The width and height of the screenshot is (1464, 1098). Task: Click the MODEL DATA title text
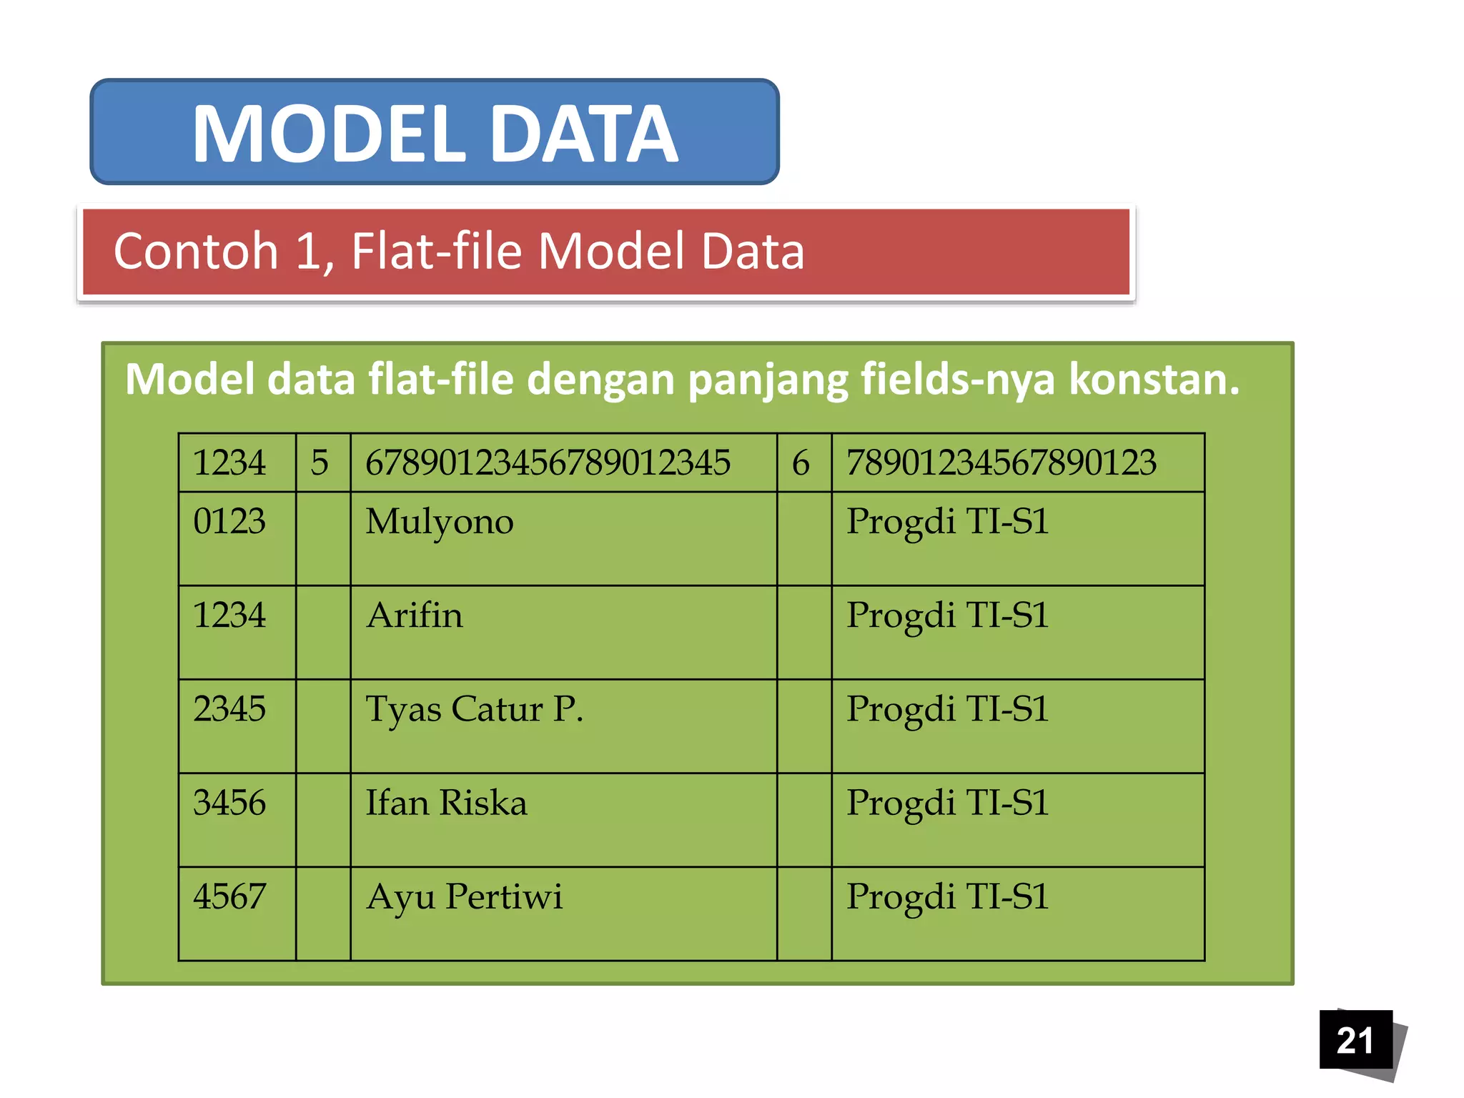click(x=435, y=133)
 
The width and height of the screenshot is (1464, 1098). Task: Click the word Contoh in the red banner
click(x=195, y=252)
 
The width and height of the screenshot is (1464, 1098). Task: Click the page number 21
click(x=1355, y=1040)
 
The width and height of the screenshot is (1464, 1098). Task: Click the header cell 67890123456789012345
click(x=548, y=463)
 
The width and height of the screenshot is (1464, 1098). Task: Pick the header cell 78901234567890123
click(x=1001, y=463)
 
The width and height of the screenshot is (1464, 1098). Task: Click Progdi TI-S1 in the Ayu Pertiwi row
click(x=947, y=897)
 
